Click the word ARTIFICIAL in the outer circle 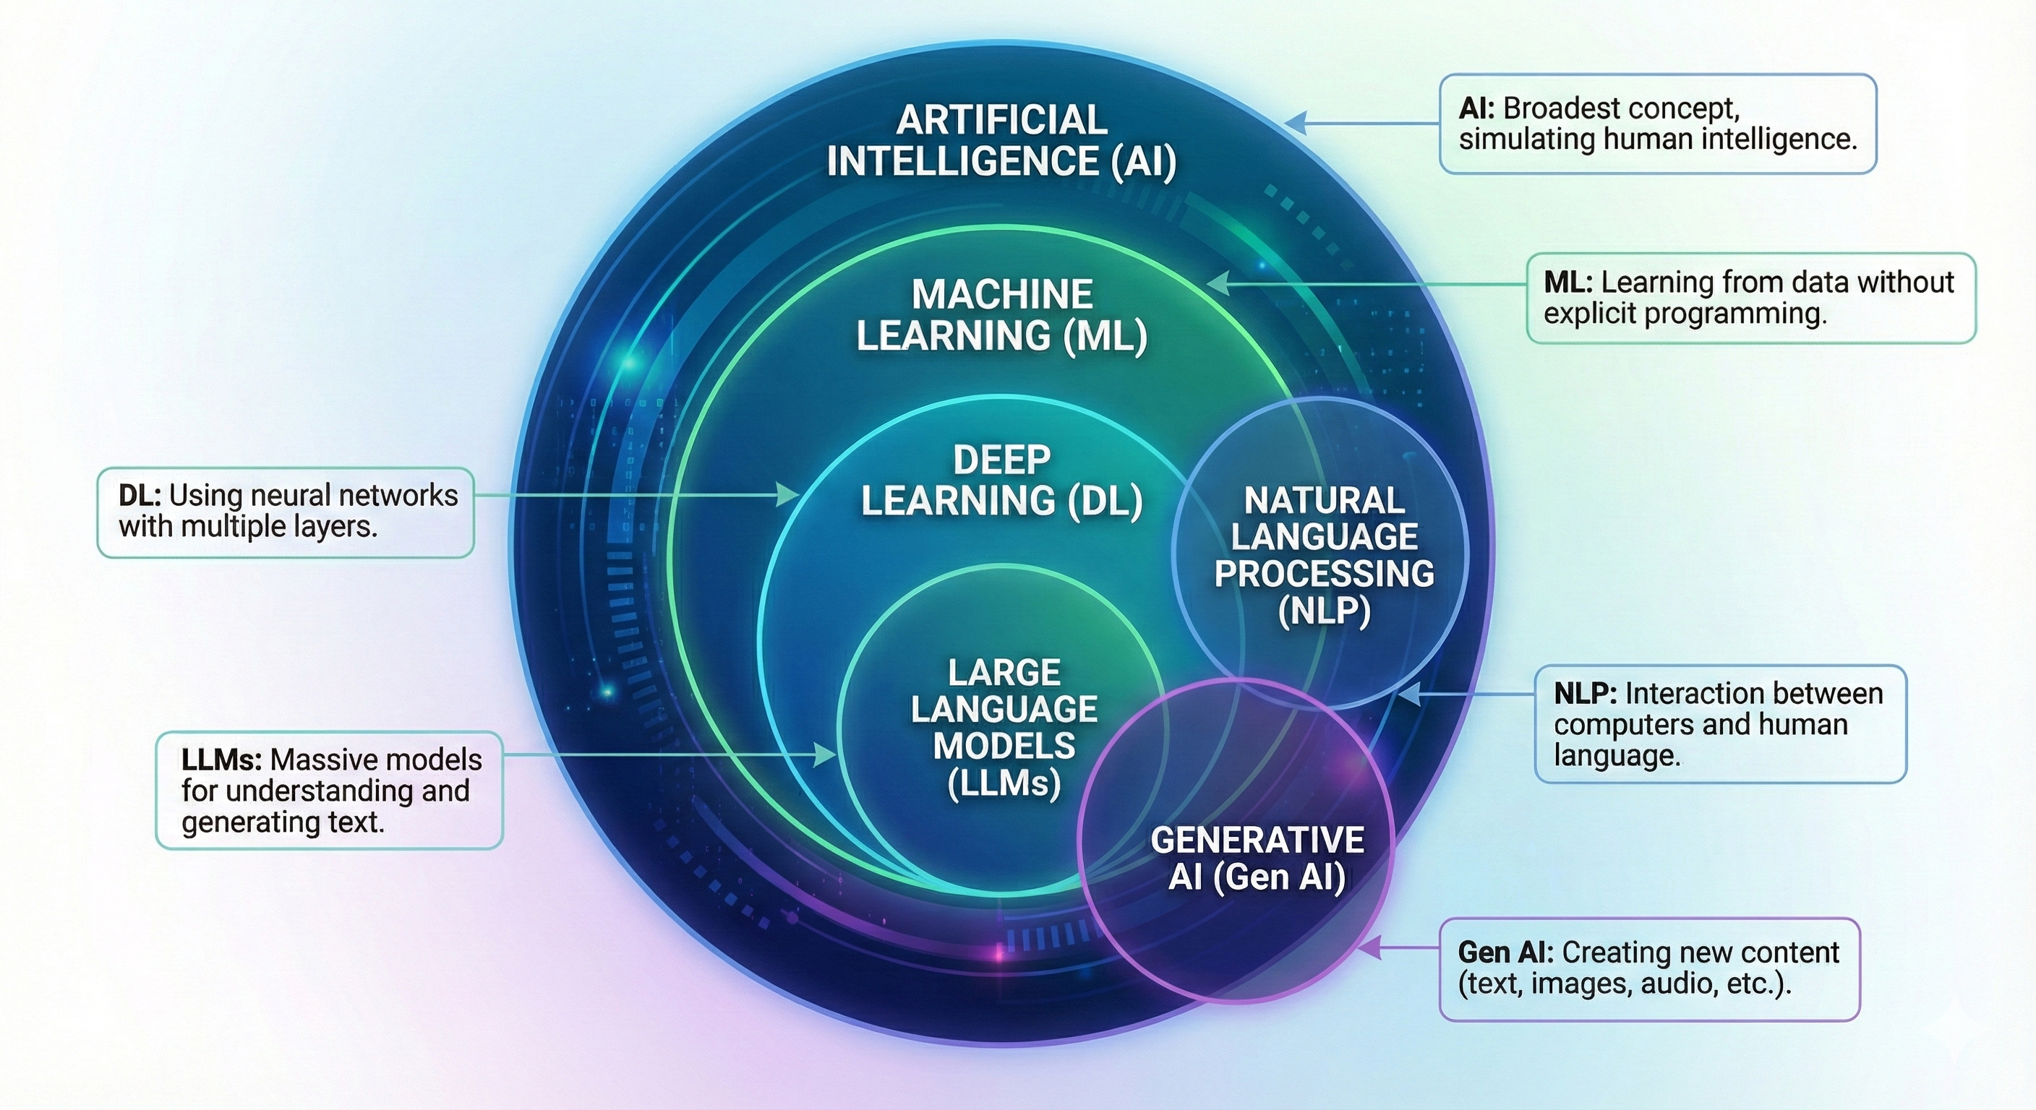pos(1001,120)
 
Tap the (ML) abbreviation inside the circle pos(1105,336)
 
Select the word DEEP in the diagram pos(1001,460)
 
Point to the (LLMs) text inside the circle pos(1004,783)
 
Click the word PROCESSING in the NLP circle pos(1324,574)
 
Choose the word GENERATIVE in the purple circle pos(1257,840)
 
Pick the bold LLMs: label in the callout pos(221,760)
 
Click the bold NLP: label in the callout pos(1585,694)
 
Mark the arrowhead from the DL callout pos(788,495)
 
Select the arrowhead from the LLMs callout pos(826,755)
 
